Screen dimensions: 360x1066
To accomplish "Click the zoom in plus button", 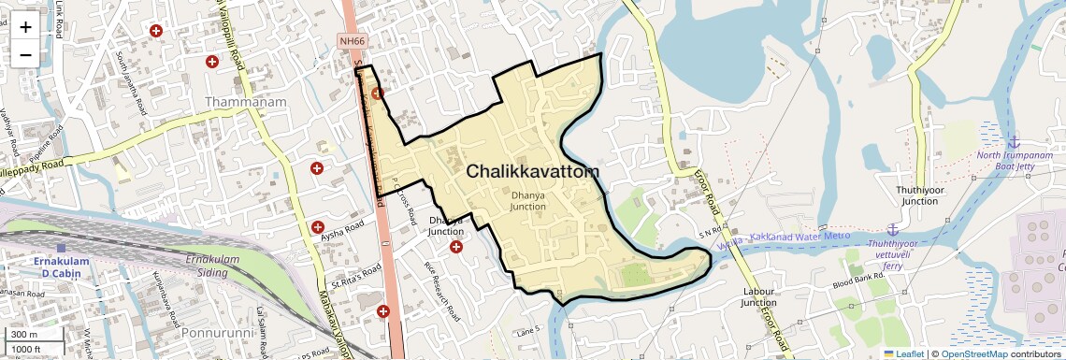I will [25, 27].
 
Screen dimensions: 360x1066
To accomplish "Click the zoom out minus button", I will [25, 55].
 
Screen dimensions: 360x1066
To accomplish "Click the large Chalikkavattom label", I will [532, 171].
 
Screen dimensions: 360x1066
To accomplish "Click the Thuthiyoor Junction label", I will [916, 194].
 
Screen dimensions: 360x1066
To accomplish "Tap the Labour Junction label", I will [759, 296].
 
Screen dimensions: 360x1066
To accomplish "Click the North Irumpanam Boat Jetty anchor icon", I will [1013, 142].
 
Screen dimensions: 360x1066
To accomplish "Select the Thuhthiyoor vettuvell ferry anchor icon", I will [893, 229].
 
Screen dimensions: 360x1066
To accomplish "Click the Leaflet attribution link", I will [903, 353].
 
